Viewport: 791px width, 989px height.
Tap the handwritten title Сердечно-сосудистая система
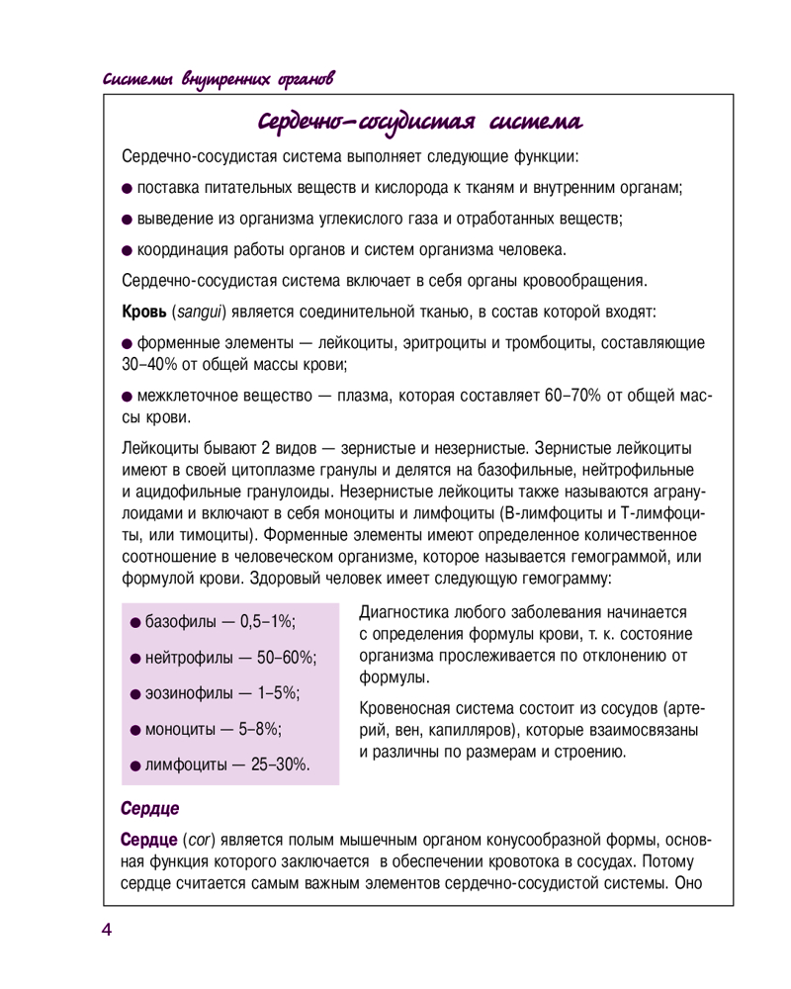419,122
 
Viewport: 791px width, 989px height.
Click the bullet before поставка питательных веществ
127,188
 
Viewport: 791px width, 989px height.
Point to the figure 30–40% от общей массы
149,365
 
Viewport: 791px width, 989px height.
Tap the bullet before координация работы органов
127,248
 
